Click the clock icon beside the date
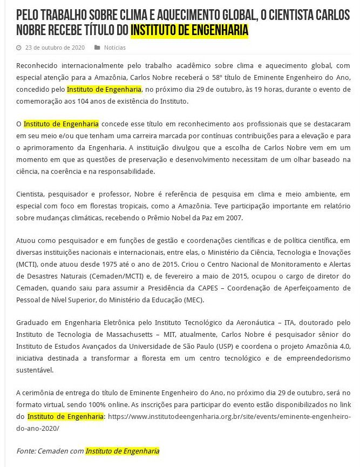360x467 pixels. pos(19,48)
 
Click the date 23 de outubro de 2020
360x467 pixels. pos(55,48)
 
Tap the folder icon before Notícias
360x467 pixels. pos(97,48)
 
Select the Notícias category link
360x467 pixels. pos(114,48)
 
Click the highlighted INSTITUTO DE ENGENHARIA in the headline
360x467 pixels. pos(189,30)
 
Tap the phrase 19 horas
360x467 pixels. pos(252,89)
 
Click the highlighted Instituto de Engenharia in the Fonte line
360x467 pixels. pos(123,451)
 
